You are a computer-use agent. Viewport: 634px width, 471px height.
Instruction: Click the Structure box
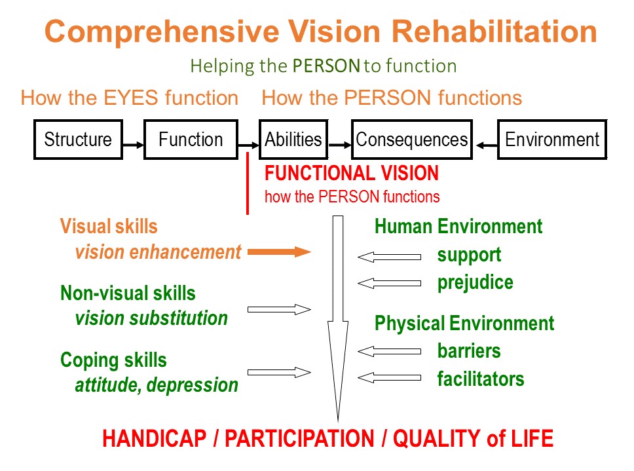(x=78, y=140)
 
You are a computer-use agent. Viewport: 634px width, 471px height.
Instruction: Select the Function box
(x=191, y=140)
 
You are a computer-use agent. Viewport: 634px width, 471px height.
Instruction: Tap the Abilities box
(x=293, y=140)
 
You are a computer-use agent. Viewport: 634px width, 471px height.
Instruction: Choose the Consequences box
(x=412, y=140)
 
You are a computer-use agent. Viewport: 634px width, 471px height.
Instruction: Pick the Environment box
(x=552, y=140)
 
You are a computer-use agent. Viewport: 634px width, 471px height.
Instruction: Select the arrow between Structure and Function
(x=132, y=144)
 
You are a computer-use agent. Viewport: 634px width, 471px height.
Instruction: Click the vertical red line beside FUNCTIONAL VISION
(x=248, y=184)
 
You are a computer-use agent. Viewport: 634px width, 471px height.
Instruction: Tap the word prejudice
(x=475, y=282)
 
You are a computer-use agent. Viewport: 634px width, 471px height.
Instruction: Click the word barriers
(x=469, y=351)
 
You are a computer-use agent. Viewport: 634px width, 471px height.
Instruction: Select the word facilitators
(x=481, y=379)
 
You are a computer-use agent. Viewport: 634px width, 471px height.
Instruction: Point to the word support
(x=469, y=255)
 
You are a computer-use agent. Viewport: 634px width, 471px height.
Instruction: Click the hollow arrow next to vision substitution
(x=279, y=309)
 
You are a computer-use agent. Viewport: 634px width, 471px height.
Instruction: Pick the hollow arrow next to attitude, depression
(x=279, y=373)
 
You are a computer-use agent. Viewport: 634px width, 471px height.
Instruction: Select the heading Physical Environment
(x=464, y=324)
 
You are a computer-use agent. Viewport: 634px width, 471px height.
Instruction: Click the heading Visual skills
(x=109, y=227)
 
